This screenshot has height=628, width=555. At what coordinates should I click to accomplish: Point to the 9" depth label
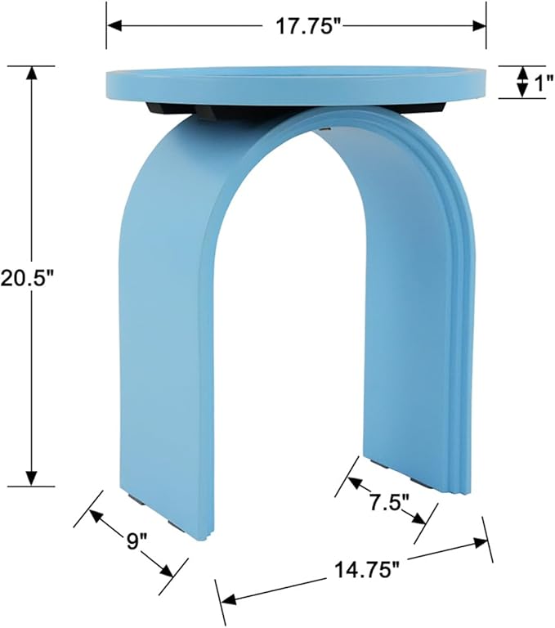(137, 540)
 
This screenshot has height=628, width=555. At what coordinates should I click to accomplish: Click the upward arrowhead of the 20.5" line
(32, 72)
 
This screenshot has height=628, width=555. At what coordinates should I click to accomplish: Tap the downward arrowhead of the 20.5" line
(32, 478)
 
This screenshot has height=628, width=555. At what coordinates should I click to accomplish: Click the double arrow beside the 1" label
(522, 82)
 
